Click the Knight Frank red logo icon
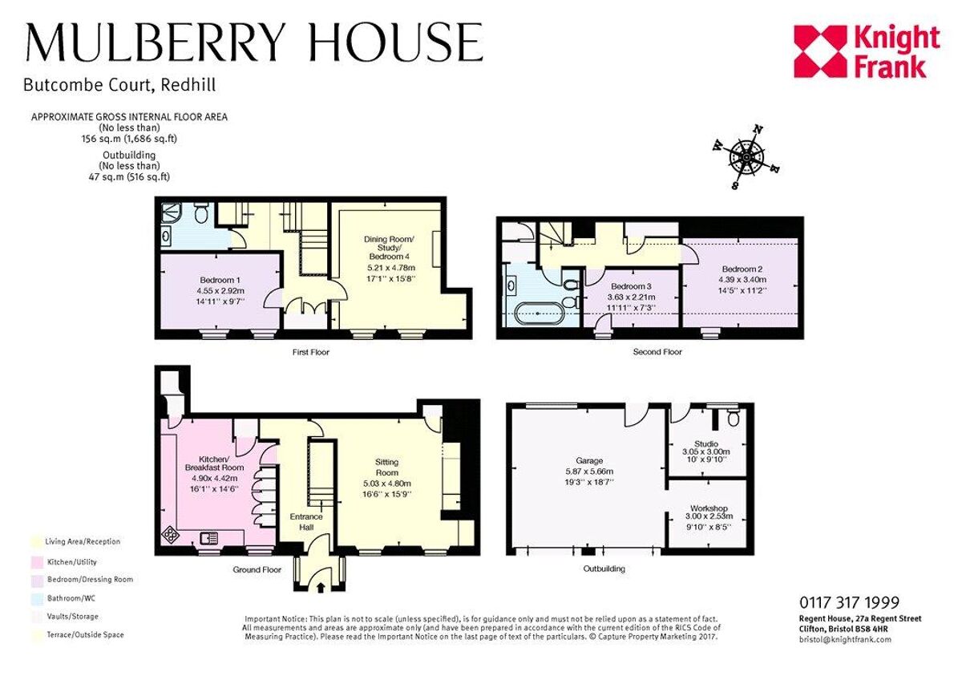point(819,51)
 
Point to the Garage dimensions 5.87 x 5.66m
point(588,472)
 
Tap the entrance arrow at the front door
point(321,588)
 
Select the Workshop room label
point(709,508)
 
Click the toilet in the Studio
point(730,418)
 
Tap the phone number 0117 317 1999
point(849,603)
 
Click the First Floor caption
point(310,353)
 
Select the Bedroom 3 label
point(629,287)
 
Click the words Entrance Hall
point(306,522)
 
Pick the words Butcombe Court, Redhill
point(119,84)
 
